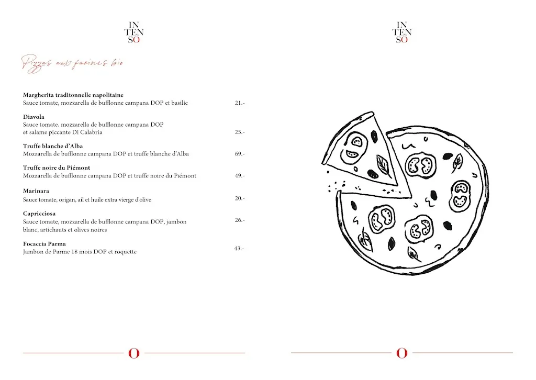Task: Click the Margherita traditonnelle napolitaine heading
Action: coord(73,95)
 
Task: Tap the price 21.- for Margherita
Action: coord(240,103)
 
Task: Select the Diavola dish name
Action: coord(33,117)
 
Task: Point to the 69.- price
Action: coord(240,154)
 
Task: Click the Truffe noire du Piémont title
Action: coord(57,167)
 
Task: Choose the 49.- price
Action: coord(240,176)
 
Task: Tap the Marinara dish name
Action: coord(36,191)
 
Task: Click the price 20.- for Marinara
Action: coord(240,198)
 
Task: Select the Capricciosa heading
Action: coord(39,214)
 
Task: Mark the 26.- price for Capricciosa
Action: coord(240,220)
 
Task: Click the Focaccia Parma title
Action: coord(44,244)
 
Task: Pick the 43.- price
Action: coord(239,248)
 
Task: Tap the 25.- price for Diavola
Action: coord(240,132)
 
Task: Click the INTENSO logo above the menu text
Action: coord(134,32)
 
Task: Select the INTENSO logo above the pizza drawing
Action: coord(402,32)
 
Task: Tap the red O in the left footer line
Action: coord(134,353)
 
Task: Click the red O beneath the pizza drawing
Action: coord(402,353)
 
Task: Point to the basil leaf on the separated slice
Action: coord(382,165)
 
